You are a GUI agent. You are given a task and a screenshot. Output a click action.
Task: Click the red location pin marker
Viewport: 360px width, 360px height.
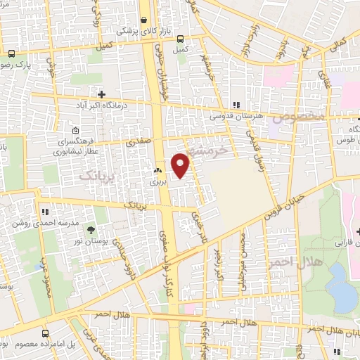click(x=181, y=165)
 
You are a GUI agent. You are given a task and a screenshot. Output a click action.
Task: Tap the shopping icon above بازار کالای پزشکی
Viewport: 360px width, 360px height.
click(x=144, y=20)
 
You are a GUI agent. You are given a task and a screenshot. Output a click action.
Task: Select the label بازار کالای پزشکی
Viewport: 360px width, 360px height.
click(x=137, y=32)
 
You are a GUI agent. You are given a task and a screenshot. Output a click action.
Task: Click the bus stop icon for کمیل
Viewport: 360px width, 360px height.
click(x=181, y=39)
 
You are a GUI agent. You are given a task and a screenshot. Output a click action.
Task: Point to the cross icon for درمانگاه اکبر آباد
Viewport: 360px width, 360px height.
click(x=102, y=94)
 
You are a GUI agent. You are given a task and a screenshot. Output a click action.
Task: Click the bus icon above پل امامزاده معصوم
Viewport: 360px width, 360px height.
click(x=46, y=334)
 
